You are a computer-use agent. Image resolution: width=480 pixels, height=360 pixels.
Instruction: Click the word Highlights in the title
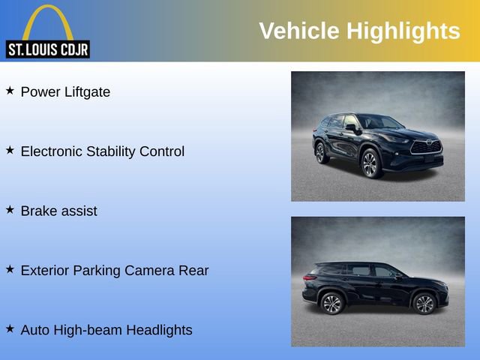tap(403, 31)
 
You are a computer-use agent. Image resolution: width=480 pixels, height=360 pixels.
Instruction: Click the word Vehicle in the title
tap(299, 31)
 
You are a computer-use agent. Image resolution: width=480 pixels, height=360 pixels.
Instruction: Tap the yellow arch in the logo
tap(47, 19)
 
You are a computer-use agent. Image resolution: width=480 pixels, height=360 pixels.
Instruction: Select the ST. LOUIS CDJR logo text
tap(47, 49)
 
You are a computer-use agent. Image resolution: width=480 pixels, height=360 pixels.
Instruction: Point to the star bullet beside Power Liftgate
tap(10, 91)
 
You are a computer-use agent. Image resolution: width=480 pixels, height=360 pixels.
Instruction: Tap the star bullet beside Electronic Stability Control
tap(10, 150)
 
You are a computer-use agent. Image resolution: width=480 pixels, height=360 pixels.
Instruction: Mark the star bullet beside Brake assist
tap(10, 209)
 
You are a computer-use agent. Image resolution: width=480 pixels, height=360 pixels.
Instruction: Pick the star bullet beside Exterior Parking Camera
tap(10, 268)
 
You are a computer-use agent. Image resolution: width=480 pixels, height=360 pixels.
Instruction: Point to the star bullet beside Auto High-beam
tap(10, 328)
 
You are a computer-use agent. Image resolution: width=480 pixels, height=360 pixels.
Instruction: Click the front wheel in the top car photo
tap(370, 163)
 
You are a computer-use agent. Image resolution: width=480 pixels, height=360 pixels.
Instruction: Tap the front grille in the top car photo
tap(427, 147)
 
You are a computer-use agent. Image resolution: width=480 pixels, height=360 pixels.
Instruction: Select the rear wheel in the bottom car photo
tap(331, 303)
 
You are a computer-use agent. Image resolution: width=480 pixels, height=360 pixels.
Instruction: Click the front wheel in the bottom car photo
tap(424, 303)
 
